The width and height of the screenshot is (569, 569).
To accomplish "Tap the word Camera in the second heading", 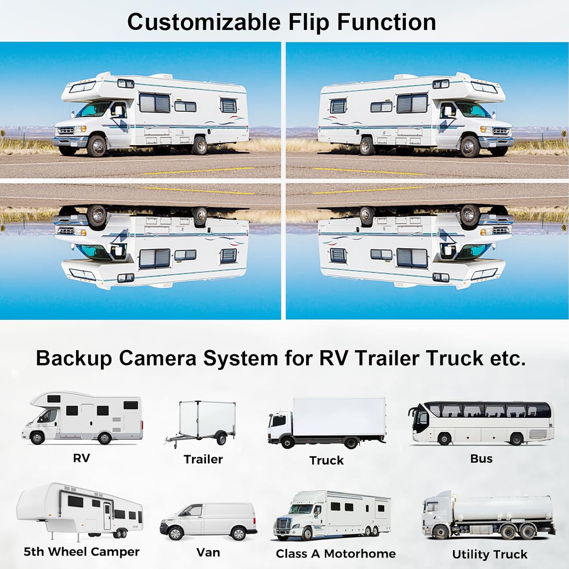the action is tap(161, 358).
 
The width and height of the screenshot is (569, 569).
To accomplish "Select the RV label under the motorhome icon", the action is tap(81, 458).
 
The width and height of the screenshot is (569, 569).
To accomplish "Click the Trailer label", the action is tap(203, 459).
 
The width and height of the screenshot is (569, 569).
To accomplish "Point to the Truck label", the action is tap(326, 460).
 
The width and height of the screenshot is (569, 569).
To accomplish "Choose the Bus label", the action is tap(481, 458).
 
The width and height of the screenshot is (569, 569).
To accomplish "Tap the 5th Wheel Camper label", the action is tap(82, 552).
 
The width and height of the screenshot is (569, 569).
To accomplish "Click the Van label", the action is tap(208, 552).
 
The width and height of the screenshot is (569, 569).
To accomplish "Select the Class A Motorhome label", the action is tap(336, 554).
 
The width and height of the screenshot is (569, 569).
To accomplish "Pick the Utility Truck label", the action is tap(489, 554).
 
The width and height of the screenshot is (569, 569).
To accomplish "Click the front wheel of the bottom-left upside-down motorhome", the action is tap(97, 215).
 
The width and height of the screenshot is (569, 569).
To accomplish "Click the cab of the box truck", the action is tap(279, 427).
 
